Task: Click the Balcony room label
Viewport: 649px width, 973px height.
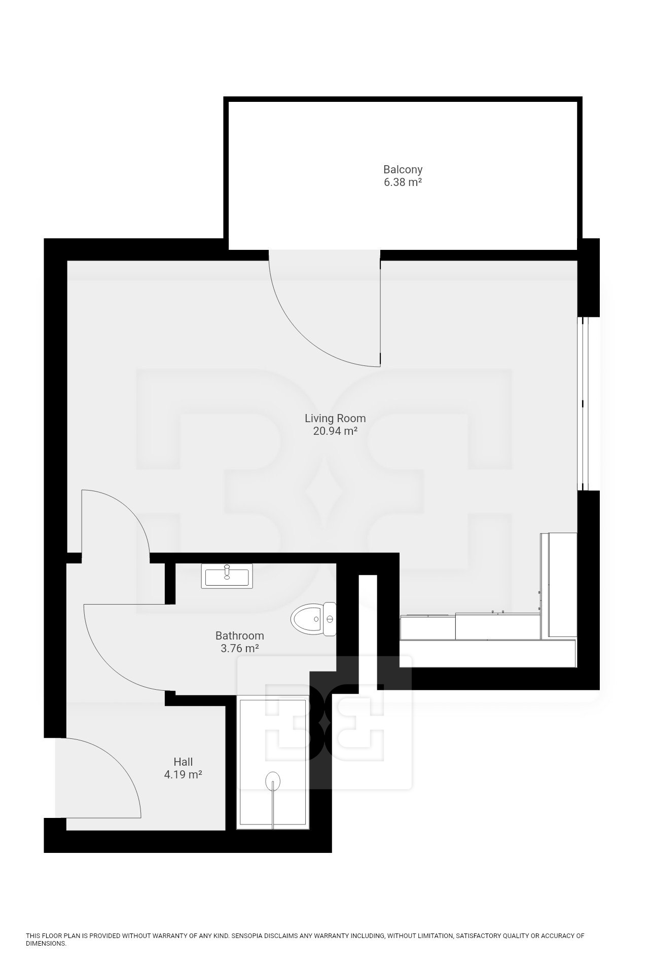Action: click(x=403, y=169)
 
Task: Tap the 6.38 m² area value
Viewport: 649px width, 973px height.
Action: click(x=403, y=182)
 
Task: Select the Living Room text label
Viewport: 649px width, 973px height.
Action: click(x=335, y=419)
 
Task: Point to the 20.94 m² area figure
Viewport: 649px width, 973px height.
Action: click(x=335, y=431)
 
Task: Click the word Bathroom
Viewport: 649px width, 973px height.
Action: click(x=240, y=635)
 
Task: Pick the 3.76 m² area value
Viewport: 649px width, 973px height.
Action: click(x=240, y=648)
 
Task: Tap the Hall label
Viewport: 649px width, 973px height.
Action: click(x=183, y=762)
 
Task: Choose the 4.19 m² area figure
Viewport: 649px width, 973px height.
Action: click(x=183, y=774)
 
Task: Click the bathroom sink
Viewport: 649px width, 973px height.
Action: click(x=226, y=576)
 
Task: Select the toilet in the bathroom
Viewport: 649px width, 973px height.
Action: click(x=314, y=619)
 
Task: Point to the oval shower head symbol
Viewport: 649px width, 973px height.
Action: click(x=273, y=780)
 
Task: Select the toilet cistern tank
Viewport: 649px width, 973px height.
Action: click(x=331, y=619)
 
